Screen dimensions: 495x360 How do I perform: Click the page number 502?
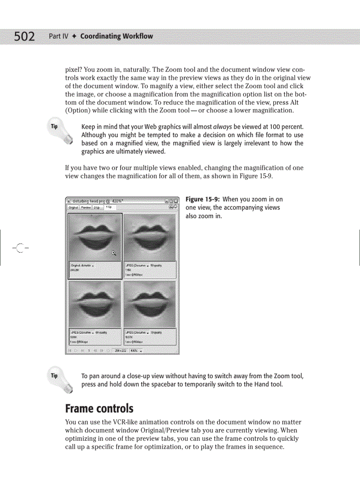coord(24,37)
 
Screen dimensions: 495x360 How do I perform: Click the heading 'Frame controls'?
coord(99,408)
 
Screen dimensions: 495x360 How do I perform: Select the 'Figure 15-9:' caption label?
coord(202,199)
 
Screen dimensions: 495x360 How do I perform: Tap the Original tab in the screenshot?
coord(73,207)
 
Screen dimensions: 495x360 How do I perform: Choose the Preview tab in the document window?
coord(86,207)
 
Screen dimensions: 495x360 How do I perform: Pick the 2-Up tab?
coord(97,207)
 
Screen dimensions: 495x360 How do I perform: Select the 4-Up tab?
coord(108,206)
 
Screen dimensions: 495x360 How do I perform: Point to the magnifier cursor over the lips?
coord(114,253)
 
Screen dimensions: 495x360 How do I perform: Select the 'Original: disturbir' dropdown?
coord(82,265)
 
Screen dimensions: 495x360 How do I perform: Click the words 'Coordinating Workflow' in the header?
coord(116,36)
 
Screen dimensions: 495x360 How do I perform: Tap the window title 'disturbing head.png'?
coord(88,201)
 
